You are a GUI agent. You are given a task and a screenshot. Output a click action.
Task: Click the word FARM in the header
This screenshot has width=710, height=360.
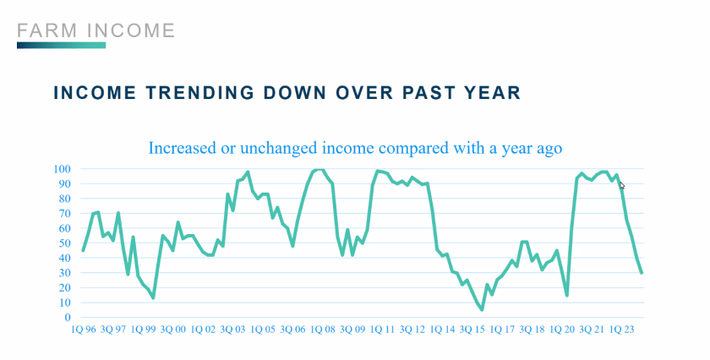(x=43, y=31)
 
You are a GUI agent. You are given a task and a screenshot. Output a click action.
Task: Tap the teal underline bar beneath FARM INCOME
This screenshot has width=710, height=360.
(x=61, y=45)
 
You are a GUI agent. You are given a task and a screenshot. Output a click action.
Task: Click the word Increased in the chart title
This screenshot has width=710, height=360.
(x=183, y=148)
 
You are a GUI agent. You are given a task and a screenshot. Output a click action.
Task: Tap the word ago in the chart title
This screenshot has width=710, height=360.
(x=546, y=148)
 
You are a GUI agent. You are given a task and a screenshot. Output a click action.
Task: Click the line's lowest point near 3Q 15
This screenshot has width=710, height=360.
(x=482, y=309)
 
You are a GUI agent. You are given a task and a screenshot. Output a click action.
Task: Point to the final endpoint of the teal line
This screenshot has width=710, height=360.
(x=642, y=272)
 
